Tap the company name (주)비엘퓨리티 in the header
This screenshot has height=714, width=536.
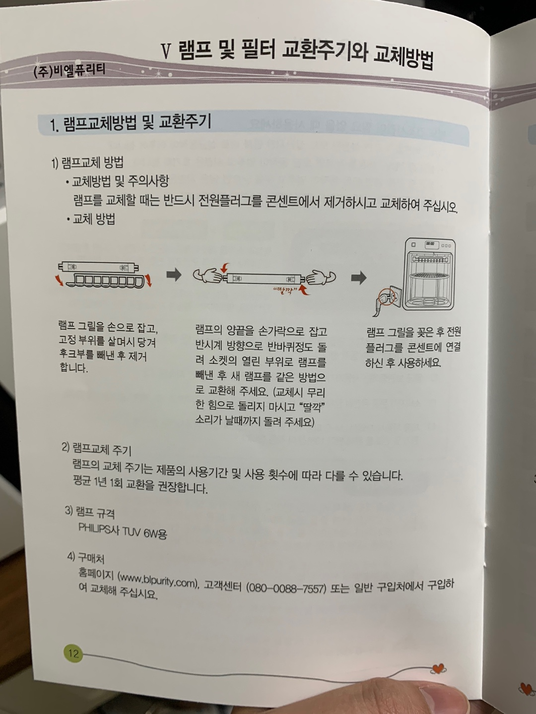pyautogui.click(x=69, y=70)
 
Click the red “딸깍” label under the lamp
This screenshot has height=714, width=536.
pyautogui.click(x=286, y=290)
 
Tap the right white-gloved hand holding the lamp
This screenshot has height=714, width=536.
pyautogui.click(x=321, y=277)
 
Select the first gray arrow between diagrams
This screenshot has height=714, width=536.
pyautogui.click(x=174, y=275)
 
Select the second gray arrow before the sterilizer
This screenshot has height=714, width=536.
pyautogui.click(x=359, y=278)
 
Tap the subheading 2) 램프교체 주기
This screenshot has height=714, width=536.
pyautogui.click(x=97, y=449)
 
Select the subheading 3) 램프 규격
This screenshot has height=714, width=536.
pyautogui.click(x=90, y=512)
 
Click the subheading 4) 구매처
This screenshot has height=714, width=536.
pyautogui.click(x=86, y=557)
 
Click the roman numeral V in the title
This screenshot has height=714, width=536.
pyautogui.click(x=166, y=52)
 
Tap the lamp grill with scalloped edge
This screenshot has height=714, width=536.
pyautogui.click(x=105, y=281)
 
